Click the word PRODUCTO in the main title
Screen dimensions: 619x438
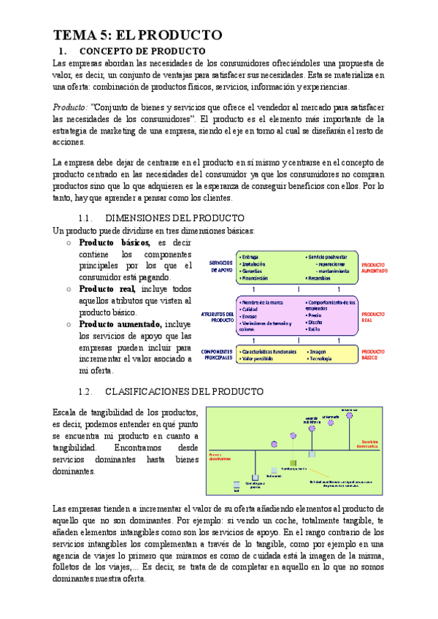(179, 36)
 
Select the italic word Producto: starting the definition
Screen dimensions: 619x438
(71, 107)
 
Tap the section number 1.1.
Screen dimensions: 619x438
(86, 218)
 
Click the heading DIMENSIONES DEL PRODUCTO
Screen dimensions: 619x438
(175, 218)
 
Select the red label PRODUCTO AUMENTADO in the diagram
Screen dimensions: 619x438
(374, 267)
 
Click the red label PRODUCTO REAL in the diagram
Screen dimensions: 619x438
(374, 316)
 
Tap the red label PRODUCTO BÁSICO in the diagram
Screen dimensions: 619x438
(374, 354)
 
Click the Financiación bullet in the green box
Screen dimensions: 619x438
(255, 278)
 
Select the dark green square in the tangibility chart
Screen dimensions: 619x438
(293, 463)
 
